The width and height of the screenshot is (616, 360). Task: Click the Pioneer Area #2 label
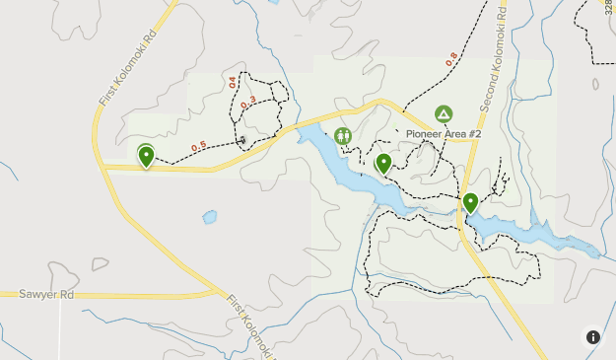(x=443, y=134)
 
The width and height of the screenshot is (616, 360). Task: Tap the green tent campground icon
(x=443, y=115)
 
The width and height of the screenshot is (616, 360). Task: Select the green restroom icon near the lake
(x=343, y=136)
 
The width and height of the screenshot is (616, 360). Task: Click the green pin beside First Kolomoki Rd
(x=147, y=156)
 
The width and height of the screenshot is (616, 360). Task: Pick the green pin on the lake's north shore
(x=383, y=164)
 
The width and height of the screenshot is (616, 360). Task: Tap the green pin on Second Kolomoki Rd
(x=471, y=203)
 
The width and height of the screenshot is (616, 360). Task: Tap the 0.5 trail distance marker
(x=198, y=147)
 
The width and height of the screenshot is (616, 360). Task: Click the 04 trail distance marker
(x=233, y=83)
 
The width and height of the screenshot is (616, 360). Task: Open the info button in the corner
(x=593, y=336)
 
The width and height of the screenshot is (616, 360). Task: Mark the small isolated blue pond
(x=209, y=216)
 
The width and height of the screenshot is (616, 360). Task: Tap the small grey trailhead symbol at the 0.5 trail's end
(x=243, y=140)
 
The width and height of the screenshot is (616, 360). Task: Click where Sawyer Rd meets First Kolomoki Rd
(x=219, y=293)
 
